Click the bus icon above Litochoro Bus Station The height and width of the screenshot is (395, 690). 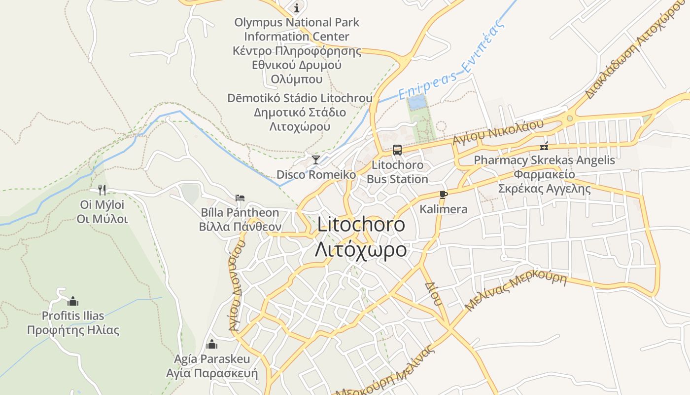[397, 150]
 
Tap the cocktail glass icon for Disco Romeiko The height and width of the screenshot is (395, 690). [316, 159]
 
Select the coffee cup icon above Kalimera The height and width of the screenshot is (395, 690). [443, 195]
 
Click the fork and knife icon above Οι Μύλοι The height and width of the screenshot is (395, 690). [102, 190]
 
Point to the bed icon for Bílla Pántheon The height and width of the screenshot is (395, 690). [240, 198]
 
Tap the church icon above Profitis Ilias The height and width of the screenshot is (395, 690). [73, 301]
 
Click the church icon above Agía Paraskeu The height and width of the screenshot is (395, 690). [212, 344]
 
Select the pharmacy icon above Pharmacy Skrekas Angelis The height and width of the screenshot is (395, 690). [545, 146]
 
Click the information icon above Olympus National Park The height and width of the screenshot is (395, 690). [297, 8]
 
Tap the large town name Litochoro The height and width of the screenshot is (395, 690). [361, 225]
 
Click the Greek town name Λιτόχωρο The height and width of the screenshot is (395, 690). [361, 249]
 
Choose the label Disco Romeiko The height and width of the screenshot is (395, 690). [316, 175]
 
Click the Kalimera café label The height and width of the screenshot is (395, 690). [443, 209]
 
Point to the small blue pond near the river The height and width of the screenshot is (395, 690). [417, 103]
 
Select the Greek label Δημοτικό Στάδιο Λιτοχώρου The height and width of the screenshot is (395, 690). [300, 119]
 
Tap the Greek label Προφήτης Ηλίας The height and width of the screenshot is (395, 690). [73, 330]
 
